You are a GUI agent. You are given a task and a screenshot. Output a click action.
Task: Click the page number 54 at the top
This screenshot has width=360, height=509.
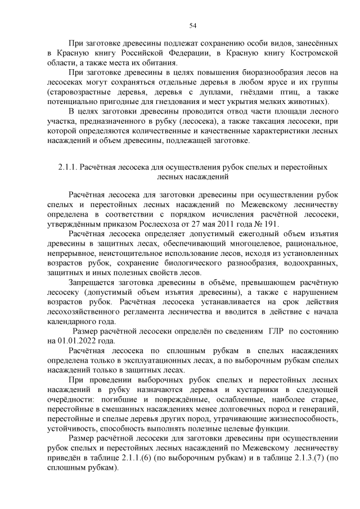click(192, 25)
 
